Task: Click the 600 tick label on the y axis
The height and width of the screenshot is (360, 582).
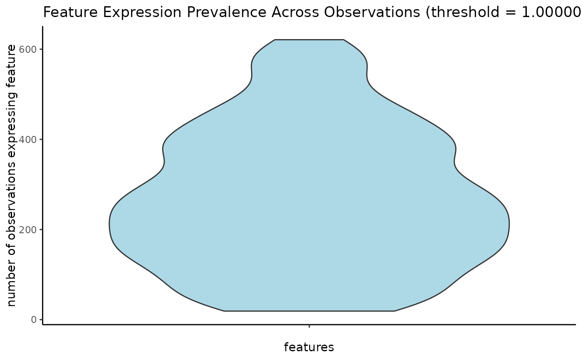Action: click(28, 49)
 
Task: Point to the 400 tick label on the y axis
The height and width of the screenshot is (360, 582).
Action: click(28, 140)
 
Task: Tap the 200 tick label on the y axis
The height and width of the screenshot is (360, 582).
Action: click(28, 230)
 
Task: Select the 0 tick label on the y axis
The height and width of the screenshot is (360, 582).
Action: click(34, 320)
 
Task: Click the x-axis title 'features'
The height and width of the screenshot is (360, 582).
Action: click(309, 347)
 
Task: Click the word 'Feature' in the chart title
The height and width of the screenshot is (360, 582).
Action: click(70, 12)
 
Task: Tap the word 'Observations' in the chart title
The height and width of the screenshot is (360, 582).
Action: click(372, 12)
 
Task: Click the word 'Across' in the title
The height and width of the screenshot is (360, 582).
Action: click(295, 12)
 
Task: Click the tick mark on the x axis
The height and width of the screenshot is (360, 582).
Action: click(309, 326)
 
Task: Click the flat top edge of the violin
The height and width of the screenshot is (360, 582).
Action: click(309, 40)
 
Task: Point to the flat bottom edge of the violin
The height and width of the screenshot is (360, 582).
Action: click(309, 311)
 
